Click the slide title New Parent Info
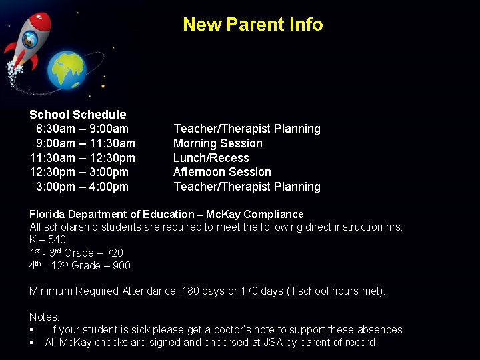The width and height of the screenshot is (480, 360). [253, 25]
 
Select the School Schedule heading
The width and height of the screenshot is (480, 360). [77, 115]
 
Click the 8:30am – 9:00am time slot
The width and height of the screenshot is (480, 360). [82, 129]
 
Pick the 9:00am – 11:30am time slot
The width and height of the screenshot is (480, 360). [85, 143]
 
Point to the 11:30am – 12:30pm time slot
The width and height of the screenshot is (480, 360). [82, 158]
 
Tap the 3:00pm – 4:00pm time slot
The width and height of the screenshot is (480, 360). [82, 187]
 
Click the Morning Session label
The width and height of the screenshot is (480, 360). [217, 143]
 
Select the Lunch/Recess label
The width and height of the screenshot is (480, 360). [211, 158]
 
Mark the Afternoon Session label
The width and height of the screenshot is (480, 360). [222, 172]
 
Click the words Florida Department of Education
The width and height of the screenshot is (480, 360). [111, 214]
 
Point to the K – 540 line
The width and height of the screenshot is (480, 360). [47, 239]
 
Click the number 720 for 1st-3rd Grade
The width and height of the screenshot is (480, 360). [114, 253]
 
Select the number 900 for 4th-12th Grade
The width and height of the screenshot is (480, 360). [121, 266]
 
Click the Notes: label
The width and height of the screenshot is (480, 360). [44, 317]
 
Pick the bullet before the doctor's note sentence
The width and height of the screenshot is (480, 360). [32, 330]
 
